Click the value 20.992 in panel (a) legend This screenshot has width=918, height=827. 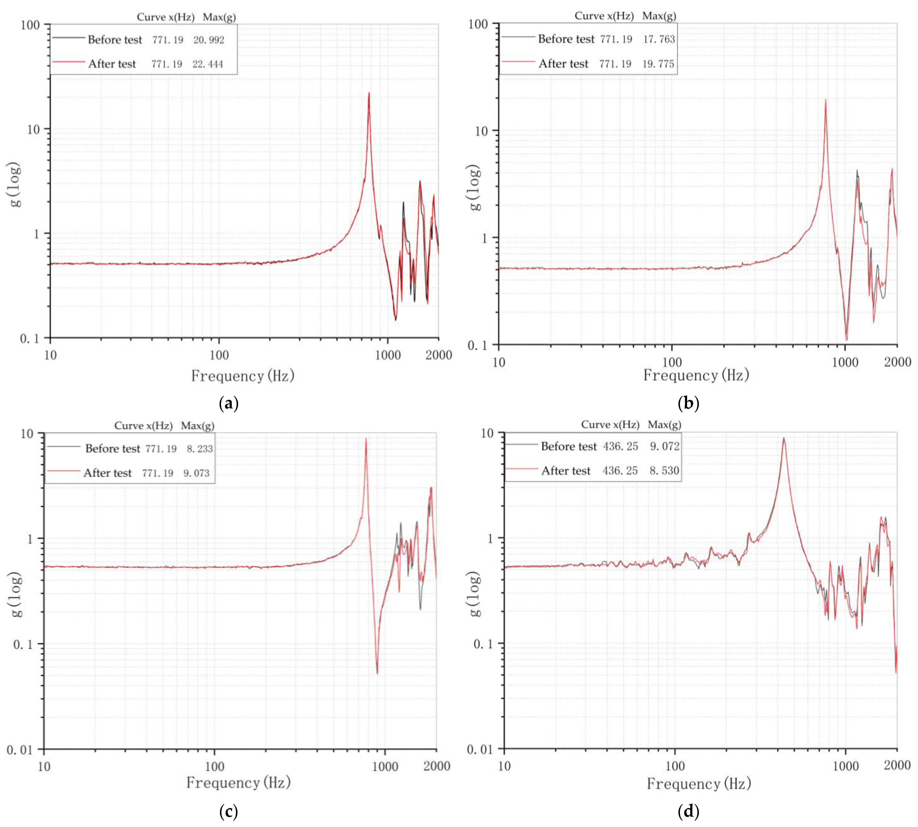(x=209, y=40)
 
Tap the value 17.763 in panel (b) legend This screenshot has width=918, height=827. (x=659, y=39)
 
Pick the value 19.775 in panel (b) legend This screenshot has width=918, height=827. (x=658, y=64)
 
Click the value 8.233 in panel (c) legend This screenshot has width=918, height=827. (x=200, y=449)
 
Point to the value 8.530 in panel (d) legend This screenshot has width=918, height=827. (x=664, y=471)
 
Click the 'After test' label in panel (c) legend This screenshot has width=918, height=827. (x=107, y=473)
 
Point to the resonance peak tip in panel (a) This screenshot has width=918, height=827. (x=369, y=93)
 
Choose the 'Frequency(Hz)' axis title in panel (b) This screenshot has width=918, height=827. (x=696, y=375)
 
